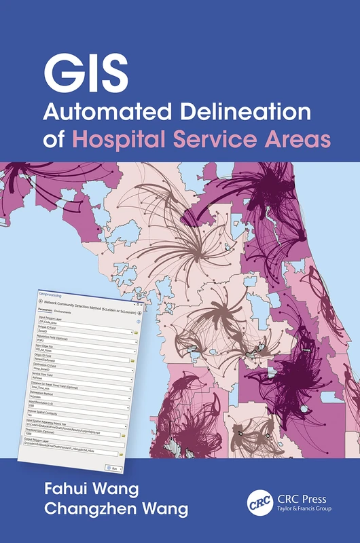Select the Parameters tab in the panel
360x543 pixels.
(45, 310)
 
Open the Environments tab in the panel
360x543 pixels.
(62, 312)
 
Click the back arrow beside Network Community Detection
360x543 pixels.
(41, 301)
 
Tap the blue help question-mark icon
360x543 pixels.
(138, 322)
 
